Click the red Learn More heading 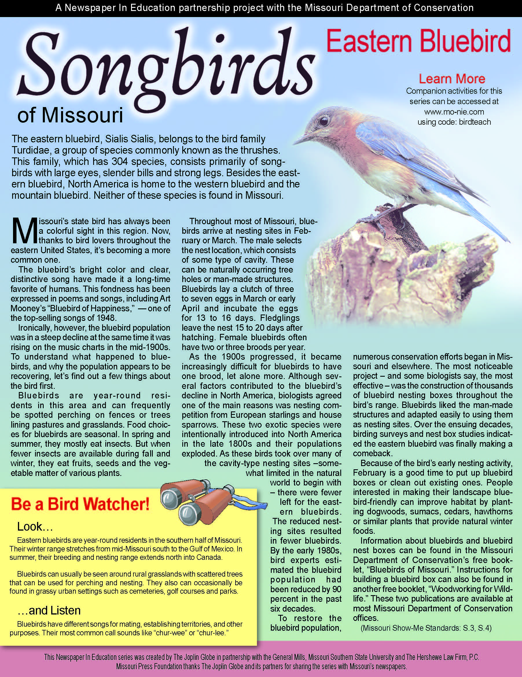tap(452, 79)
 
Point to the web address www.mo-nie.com tap(454, 112)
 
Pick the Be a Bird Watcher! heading tap(80, 505)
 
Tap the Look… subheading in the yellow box tap(35, 526)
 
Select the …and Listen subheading tap(49, 610)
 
